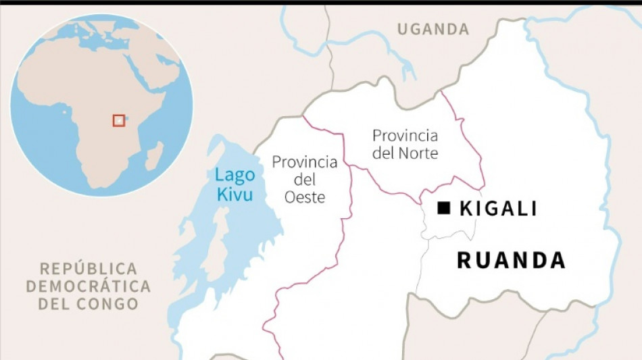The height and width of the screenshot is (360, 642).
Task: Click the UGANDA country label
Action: pyautogui.click(x=433, y=29)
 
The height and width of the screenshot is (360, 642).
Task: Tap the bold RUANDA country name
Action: pyautogui.click(x=511, y=260)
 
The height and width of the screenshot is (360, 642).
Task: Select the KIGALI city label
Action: pyautogui.click(x=498, y=209)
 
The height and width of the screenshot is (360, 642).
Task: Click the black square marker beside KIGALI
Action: pyautogui.click(x=443, y=209)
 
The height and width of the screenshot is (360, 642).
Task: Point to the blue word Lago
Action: pyautogui.click(x=234, y=175)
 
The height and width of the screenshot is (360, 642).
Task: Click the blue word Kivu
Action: pyautogui.click(x=234, y=195)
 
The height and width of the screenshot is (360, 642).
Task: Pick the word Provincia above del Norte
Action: pyautogui.click(x=405, y=136)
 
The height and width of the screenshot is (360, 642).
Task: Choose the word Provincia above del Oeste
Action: pyautogui.click(x=304, y=162)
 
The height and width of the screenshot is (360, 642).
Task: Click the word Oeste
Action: pyautogui.click(x=305, y=197)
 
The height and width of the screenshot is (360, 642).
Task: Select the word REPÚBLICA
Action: pyautogui.click(x=88, y=268)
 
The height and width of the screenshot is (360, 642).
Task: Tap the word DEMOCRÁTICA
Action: pyautogui.click(x=88, y=286)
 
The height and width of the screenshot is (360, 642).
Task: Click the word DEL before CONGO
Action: pyautogui.click(x=53, y=303)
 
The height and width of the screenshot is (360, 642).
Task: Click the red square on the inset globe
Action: pyautogui.click(x=119, y=120)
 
